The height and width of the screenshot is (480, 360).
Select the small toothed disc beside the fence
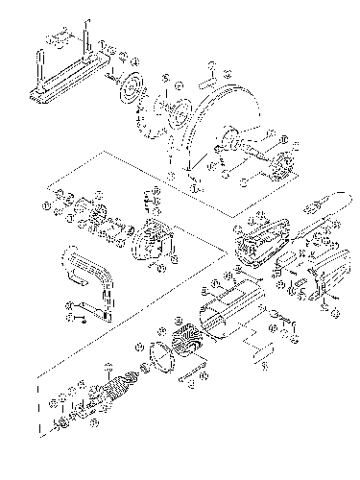pyautogui.click(x=127, y=93)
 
